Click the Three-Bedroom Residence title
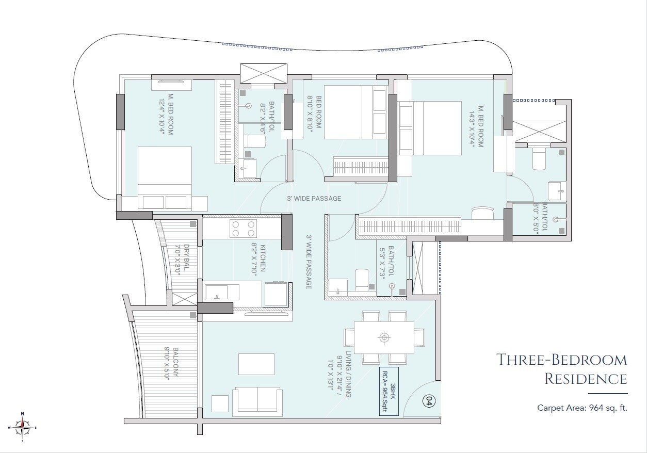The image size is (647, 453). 561,369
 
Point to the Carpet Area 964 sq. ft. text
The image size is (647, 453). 582,408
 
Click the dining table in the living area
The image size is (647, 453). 384,338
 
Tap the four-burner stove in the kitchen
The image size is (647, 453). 243,228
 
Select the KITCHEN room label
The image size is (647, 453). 258,257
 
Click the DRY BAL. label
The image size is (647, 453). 183,261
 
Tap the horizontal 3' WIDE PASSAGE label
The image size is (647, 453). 314,199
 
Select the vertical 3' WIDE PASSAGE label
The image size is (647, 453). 309,262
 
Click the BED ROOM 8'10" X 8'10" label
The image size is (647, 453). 314,117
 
